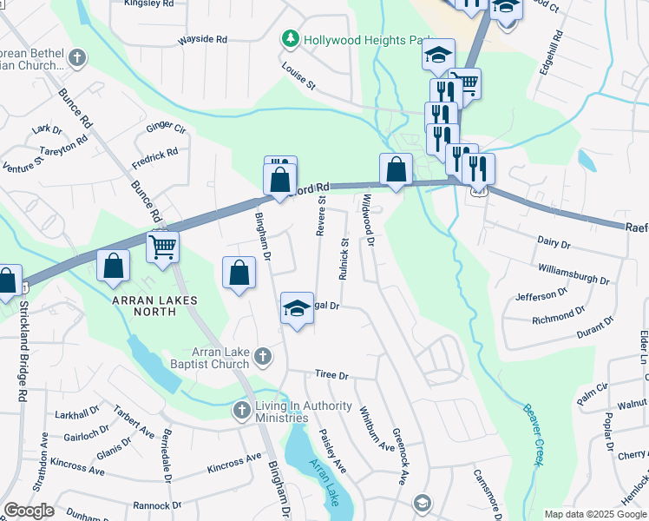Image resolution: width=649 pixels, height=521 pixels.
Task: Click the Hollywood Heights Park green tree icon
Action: click(x=290, y=40)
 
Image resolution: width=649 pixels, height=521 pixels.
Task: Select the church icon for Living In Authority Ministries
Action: click(x=242, y=409)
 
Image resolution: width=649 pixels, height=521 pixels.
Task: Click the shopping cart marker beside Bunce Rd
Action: click(x=162, y=247)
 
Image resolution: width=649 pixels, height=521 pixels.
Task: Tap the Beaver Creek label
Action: click(x=532, y=434)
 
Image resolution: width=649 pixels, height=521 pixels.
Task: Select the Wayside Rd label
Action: click(x=202, y=40)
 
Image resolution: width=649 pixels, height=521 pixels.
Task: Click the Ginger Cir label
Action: click(x=166, y=129)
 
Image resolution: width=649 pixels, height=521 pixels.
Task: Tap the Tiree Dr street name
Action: click(x=331, y=376)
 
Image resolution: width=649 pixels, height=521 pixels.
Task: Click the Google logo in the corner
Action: click(x=29, y=511)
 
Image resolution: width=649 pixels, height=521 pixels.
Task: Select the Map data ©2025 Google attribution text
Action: click(x=594, y=514)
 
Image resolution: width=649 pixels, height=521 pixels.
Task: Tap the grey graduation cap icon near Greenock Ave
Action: click(x=422, y=503)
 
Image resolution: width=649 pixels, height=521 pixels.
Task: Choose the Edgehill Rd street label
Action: click(x=550, y=52)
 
